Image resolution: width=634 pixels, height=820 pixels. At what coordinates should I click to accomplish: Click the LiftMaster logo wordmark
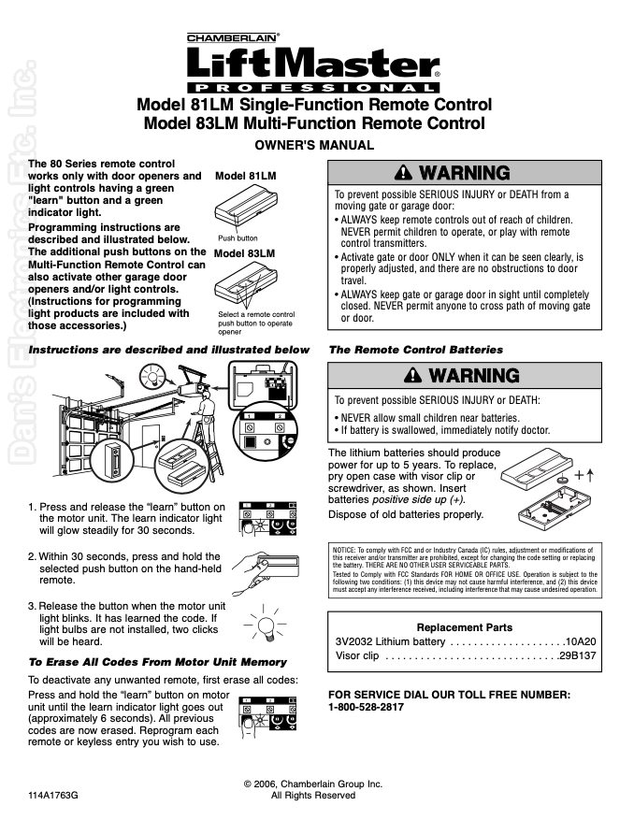313,64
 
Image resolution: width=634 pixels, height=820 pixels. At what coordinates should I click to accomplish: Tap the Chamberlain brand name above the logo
232,38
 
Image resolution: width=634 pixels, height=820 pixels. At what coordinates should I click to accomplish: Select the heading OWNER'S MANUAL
314,145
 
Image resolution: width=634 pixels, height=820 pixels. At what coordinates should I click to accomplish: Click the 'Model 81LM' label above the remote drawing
245,176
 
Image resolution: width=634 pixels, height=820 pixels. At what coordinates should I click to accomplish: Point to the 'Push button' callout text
238,237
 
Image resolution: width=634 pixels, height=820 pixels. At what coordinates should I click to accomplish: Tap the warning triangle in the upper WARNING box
403,172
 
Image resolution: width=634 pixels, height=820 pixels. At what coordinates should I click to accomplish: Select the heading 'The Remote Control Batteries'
416,350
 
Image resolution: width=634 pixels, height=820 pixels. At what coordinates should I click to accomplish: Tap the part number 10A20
581,641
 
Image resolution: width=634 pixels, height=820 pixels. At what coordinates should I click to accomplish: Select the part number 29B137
578,655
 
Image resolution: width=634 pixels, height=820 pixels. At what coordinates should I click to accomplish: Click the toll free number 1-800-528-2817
367,707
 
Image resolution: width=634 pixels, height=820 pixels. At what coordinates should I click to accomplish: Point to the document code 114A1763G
53,796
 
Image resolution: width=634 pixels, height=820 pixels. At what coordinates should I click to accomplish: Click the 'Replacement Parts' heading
465,627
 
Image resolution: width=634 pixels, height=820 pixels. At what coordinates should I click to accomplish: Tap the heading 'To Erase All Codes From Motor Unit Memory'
157,662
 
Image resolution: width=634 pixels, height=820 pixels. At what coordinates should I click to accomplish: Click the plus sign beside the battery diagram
579,475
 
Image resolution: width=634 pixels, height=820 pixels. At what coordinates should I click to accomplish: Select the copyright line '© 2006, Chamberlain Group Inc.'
313,784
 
